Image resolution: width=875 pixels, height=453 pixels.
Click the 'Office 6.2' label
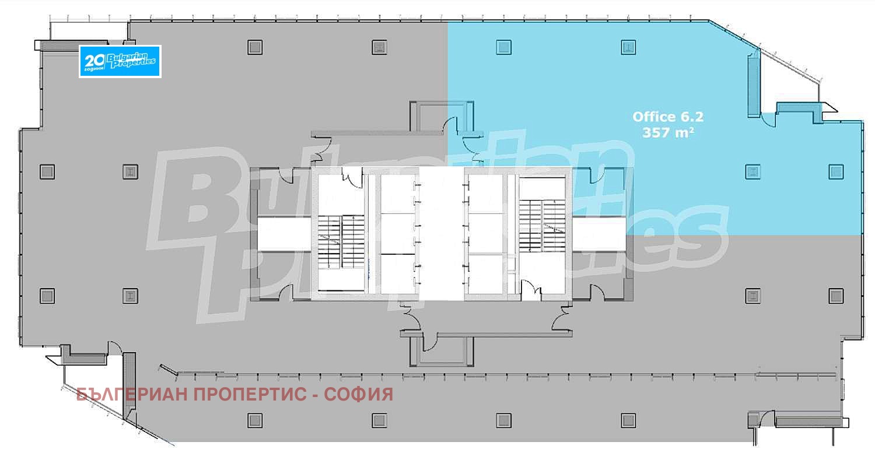click(667, 117)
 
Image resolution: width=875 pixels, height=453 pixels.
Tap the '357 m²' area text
click(668, 133)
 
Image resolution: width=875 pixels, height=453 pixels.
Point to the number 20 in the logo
click(94, 61)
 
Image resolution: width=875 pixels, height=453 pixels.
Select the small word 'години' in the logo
click(94, 69)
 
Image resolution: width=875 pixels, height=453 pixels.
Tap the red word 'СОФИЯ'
click(359, 395)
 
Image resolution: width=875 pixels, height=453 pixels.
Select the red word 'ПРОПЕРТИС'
click(250, 395)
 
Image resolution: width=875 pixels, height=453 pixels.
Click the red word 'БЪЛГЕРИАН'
click(133, 395)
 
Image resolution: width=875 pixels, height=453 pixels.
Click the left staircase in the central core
click(341, 242)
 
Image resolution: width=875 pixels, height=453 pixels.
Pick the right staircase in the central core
click(542, 226)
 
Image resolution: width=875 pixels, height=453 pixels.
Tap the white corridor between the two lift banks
click(442, 234)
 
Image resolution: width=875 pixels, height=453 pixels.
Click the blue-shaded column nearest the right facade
click(836, 171)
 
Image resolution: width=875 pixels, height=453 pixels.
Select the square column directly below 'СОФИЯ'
click(379, 420)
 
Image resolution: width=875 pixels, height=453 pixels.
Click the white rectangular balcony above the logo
click(89, 30)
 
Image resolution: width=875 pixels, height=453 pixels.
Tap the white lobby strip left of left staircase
click(284, 234)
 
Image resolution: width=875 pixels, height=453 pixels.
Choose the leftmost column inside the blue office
click(503, 47)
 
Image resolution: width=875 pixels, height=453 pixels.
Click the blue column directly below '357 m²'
click(752, 171)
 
